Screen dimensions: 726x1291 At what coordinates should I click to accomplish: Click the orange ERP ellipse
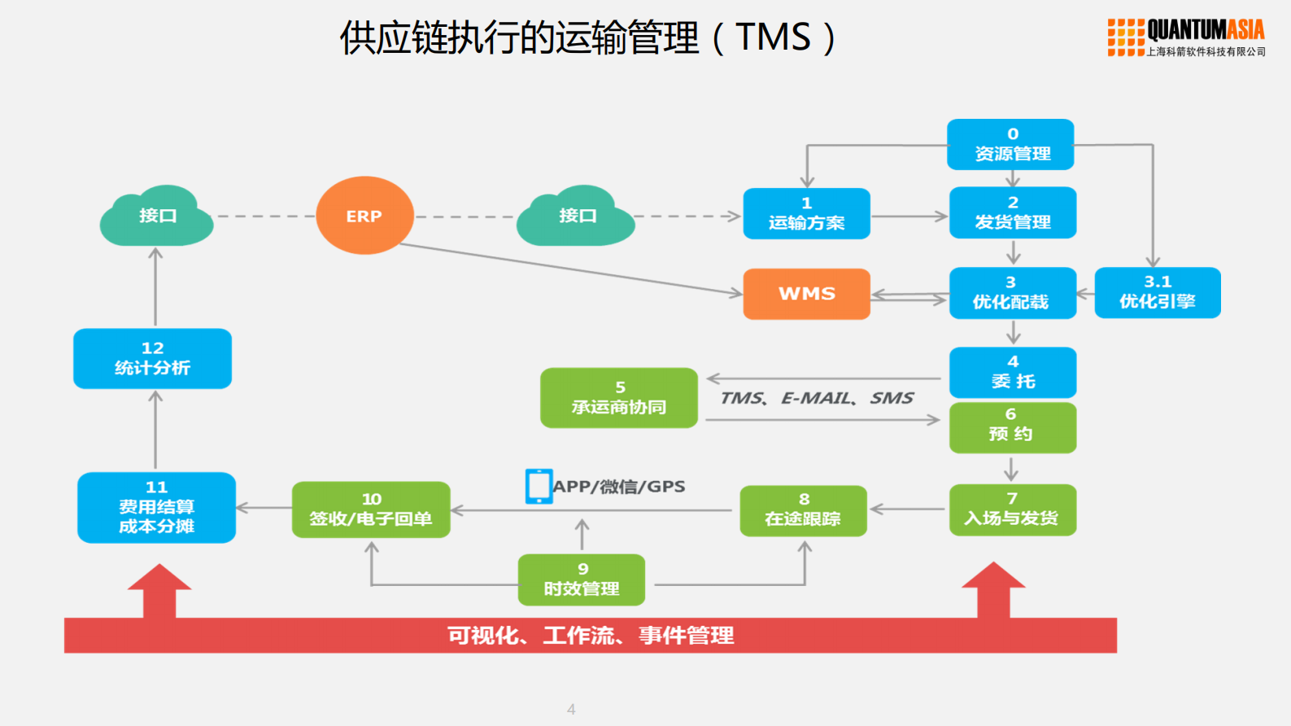(x=364, y=216)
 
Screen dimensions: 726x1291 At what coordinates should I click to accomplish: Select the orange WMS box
(x=806, y=294)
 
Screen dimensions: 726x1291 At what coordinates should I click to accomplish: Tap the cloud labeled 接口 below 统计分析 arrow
(x=156, y=216)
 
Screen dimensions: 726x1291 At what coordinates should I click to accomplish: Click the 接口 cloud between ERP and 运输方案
(x=576, y=216)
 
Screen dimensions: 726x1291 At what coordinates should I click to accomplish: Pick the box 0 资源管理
(x=1010, y=145)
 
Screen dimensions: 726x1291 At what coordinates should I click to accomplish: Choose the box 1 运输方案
(x=806, y=213)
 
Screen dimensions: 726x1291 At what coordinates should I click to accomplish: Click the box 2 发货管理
(x=1012, y=212)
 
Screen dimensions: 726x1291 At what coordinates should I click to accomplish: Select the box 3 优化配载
(x=1012, y=293)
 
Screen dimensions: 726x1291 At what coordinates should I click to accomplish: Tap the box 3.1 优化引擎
(x=1157, y=293)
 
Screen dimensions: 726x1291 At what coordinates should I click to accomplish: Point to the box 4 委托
(x=1012, y=372)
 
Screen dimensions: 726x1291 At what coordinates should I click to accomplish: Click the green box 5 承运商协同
(x=619, y=398)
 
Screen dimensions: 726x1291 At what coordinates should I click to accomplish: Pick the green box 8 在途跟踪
(x=803, y=510)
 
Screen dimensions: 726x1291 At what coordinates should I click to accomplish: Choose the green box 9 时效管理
(x=581, y=579)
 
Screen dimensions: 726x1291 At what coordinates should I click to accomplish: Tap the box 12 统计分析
(x=152, y=358)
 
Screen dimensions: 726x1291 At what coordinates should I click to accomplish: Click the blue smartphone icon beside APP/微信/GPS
(x=539, y=486)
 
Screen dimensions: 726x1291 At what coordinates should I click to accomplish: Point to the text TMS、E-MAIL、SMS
(x=816, y=398)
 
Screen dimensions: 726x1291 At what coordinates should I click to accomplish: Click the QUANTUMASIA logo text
(x=1205, y=31)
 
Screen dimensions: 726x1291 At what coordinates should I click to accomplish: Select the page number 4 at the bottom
(x=571, y=709)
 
